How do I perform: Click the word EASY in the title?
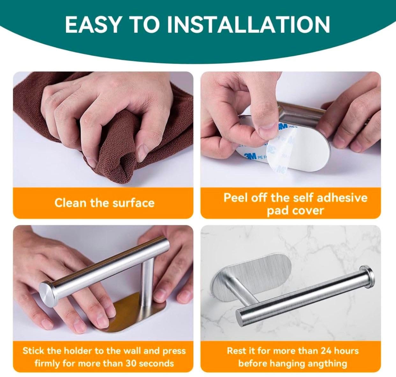tap(93, 25)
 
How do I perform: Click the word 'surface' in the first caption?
tap(133, 203)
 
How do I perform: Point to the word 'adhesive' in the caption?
tap(342, 198)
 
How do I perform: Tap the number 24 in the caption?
tap(326, 351)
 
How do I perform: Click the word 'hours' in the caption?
tap(347, 351)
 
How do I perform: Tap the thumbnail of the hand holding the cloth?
tap(103, 129)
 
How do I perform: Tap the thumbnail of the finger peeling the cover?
tap(291, 129)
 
